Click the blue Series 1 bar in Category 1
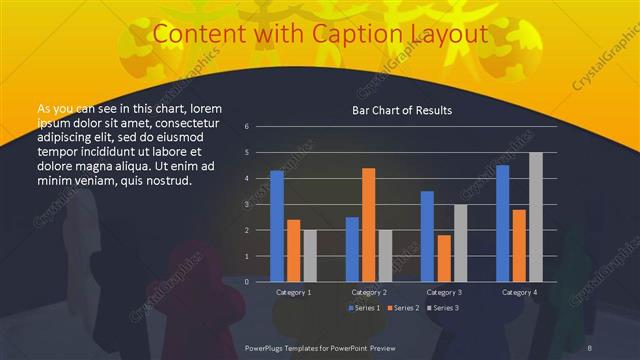[277, 226]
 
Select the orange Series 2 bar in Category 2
[368, 224]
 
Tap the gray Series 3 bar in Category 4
[536, 217]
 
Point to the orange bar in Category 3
[444, 258]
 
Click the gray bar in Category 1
[310, 255]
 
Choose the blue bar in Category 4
[502, 223]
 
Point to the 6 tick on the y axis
[260, 127]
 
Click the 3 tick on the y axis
[260, 204]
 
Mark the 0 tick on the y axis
[260, 281]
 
